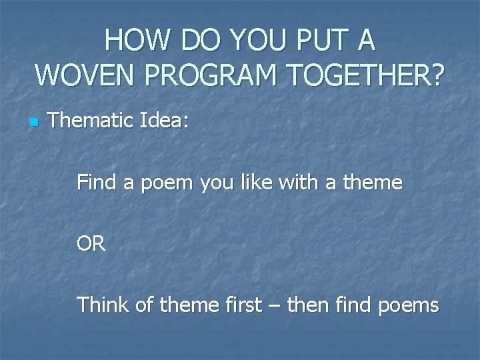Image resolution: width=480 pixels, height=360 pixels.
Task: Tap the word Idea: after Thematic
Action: tap(165, 121)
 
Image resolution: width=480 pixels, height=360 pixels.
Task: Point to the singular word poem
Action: tap(165, 182)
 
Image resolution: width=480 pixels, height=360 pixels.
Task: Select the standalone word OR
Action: tap(91, 244)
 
